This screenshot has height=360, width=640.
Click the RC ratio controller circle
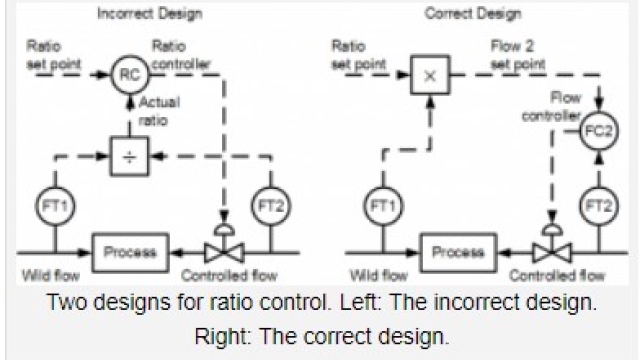(128, 73)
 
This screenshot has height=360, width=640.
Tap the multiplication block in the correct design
(430, 73)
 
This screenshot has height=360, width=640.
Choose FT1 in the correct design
(380, 205)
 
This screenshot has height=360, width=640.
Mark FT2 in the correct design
(597, 205)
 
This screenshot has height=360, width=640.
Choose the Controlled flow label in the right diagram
(558, 276)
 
